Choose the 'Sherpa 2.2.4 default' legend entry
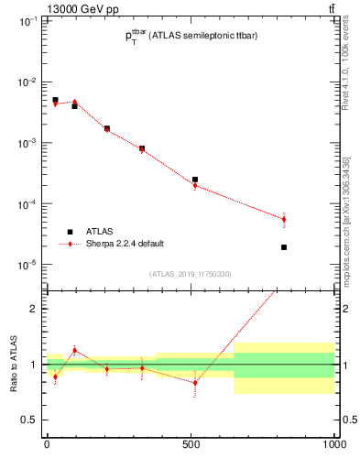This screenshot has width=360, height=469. (126, 245)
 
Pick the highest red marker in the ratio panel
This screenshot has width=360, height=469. (75, 350)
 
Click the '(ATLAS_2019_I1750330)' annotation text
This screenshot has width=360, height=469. (190, 273)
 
